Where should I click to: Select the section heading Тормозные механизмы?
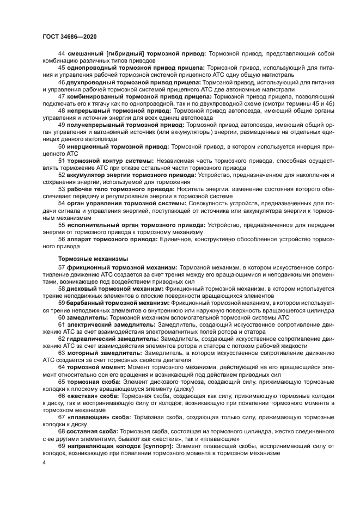point(93,259)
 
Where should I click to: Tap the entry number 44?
point(61,53)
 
